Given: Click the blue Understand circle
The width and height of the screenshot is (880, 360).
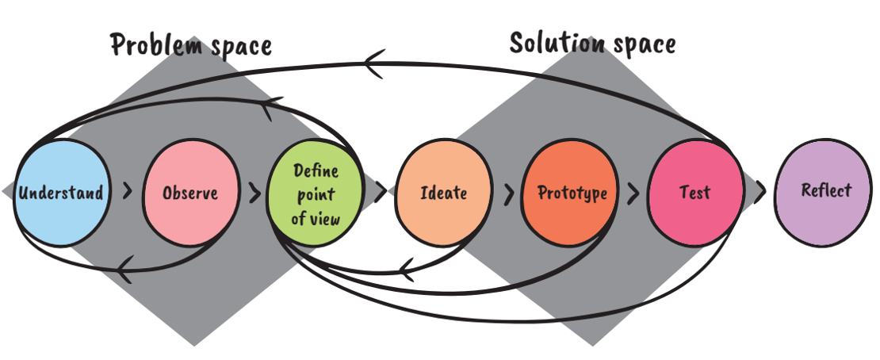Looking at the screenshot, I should pos(60,193).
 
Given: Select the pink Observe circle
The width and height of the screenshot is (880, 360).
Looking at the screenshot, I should pos(189,193).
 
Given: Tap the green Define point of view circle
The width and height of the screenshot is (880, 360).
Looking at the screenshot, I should pos(315,193).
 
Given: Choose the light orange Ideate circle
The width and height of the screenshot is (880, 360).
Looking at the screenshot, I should pos(442,193).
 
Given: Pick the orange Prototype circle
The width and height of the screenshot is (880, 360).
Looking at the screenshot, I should pos(572,193).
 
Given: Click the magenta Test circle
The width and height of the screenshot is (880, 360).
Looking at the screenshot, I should pos(695,193).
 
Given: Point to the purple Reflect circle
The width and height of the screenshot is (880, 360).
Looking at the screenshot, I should pos(825,190).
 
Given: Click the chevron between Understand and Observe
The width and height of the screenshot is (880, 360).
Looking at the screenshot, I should pos(127,193).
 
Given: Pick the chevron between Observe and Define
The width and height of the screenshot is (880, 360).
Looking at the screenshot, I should pos(254,193).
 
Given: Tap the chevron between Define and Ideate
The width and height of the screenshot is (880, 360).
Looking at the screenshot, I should pos(380,191).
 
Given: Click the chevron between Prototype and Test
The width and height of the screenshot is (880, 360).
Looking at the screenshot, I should pos(633,193).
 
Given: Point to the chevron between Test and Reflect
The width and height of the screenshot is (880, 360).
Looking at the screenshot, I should pos(759,191).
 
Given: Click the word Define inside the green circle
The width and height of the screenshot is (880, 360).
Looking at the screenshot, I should pos(316,172).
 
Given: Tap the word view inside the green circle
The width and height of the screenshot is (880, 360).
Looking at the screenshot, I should pos(326,217).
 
